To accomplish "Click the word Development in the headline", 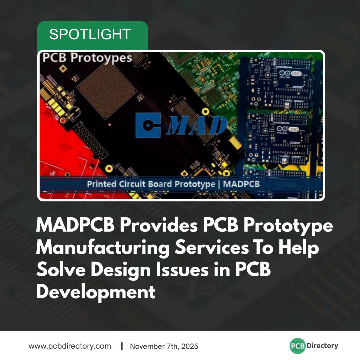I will [95, 292].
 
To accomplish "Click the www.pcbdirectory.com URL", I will [70, 346].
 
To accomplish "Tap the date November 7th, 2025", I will [164, 346].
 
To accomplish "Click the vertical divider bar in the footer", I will [122, 346].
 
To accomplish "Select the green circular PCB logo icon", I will [298, 346].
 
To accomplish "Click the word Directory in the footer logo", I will [322, 346].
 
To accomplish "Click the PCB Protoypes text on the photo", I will [87, 58].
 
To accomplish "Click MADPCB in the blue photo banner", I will [241, 184].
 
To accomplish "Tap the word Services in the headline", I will [212, 248].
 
